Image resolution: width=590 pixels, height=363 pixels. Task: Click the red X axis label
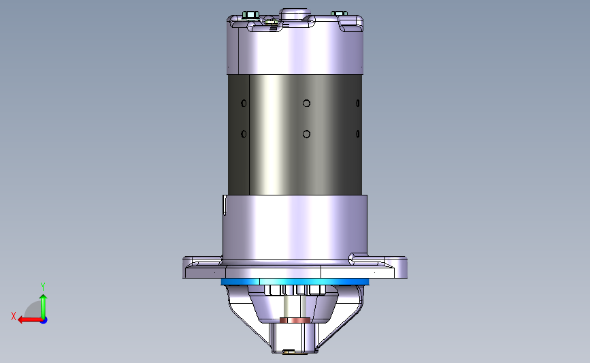pyautogui.click(x=14, y=316)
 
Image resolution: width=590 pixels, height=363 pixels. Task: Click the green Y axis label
pyautogui.click(x=43, y=287)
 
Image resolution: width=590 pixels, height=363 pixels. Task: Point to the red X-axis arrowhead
pyautogui.click(x=22, y=320)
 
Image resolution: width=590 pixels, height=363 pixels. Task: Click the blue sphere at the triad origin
pyautogui.click(x=44, y=321)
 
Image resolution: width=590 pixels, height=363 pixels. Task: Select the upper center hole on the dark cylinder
pyautogui.click(x=307, y=103)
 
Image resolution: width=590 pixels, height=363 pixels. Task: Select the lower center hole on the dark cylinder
pyautogui.click(x=307, y=134)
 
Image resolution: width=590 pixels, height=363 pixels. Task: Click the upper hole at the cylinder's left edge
pyautogui.click(x=244, y=103)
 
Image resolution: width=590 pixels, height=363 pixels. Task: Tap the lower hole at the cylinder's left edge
pyautogui.click(x=244, y=134)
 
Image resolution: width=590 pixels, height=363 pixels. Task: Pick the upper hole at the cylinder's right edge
pyautogui.click(x=358, y=103)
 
